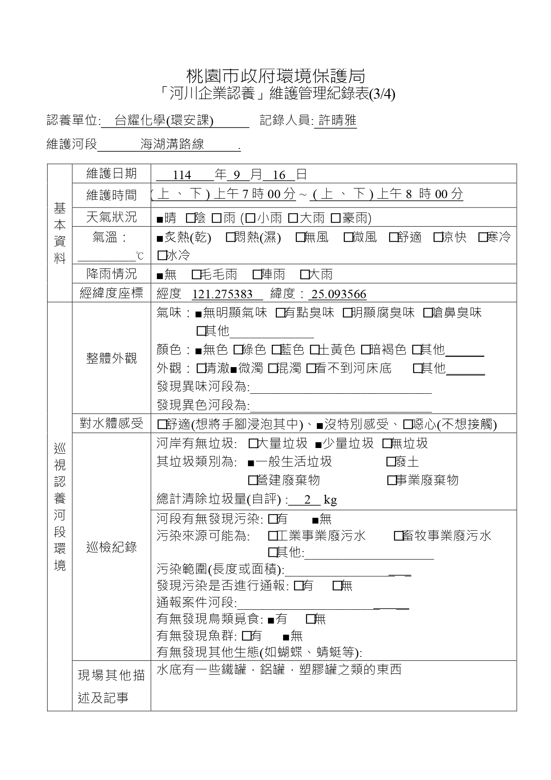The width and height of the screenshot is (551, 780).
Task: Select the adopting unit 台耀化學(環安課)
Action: click(164, 120)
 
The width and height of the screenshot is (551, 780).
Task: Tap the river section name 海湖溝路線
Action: click(172, 144)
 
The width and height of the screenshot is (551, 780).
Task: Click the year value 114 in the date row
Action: click(182, 175)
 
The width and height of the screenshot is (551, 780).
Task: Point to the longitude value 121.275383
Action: click(222, 294)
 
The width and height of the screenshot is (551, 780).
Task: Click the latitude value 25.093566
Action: click(339, 294)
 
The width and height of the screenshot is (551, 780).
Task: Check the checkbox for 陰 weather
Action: click(190, 218)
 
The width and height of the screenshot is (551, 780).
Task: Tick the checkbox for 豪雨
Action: click(335, 218)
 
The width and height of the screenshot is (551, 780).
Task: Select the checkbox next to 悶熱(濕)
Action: click(230, 238)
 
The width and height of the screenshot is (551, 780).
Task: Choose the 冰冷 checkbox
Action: click(161, 255)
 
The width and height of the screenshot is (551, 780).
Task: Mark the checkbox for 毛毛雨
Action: click(196, 275)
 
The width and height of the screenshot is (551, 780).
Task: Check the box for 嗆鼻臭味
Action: click(427, 313)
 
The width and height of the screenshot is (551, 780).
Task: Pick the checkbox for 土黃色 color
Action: click(314, 350)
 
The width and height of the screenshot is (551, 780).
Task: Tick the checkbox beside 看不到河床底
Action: click(311, 368)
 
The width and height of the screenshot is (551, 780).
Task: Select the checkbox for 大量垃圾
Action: click(253, 444)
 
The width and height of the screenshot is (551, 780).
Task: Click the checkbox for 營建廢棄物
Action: click(252, 480)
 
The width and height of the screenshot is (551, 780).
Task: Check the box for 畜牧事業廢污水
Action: click(398, 536)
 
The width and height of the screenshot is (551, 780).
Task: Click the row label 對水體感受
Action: click(111, 424)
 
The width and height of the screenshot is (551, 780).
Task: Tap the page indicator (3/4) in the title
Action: click(382, 95)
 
